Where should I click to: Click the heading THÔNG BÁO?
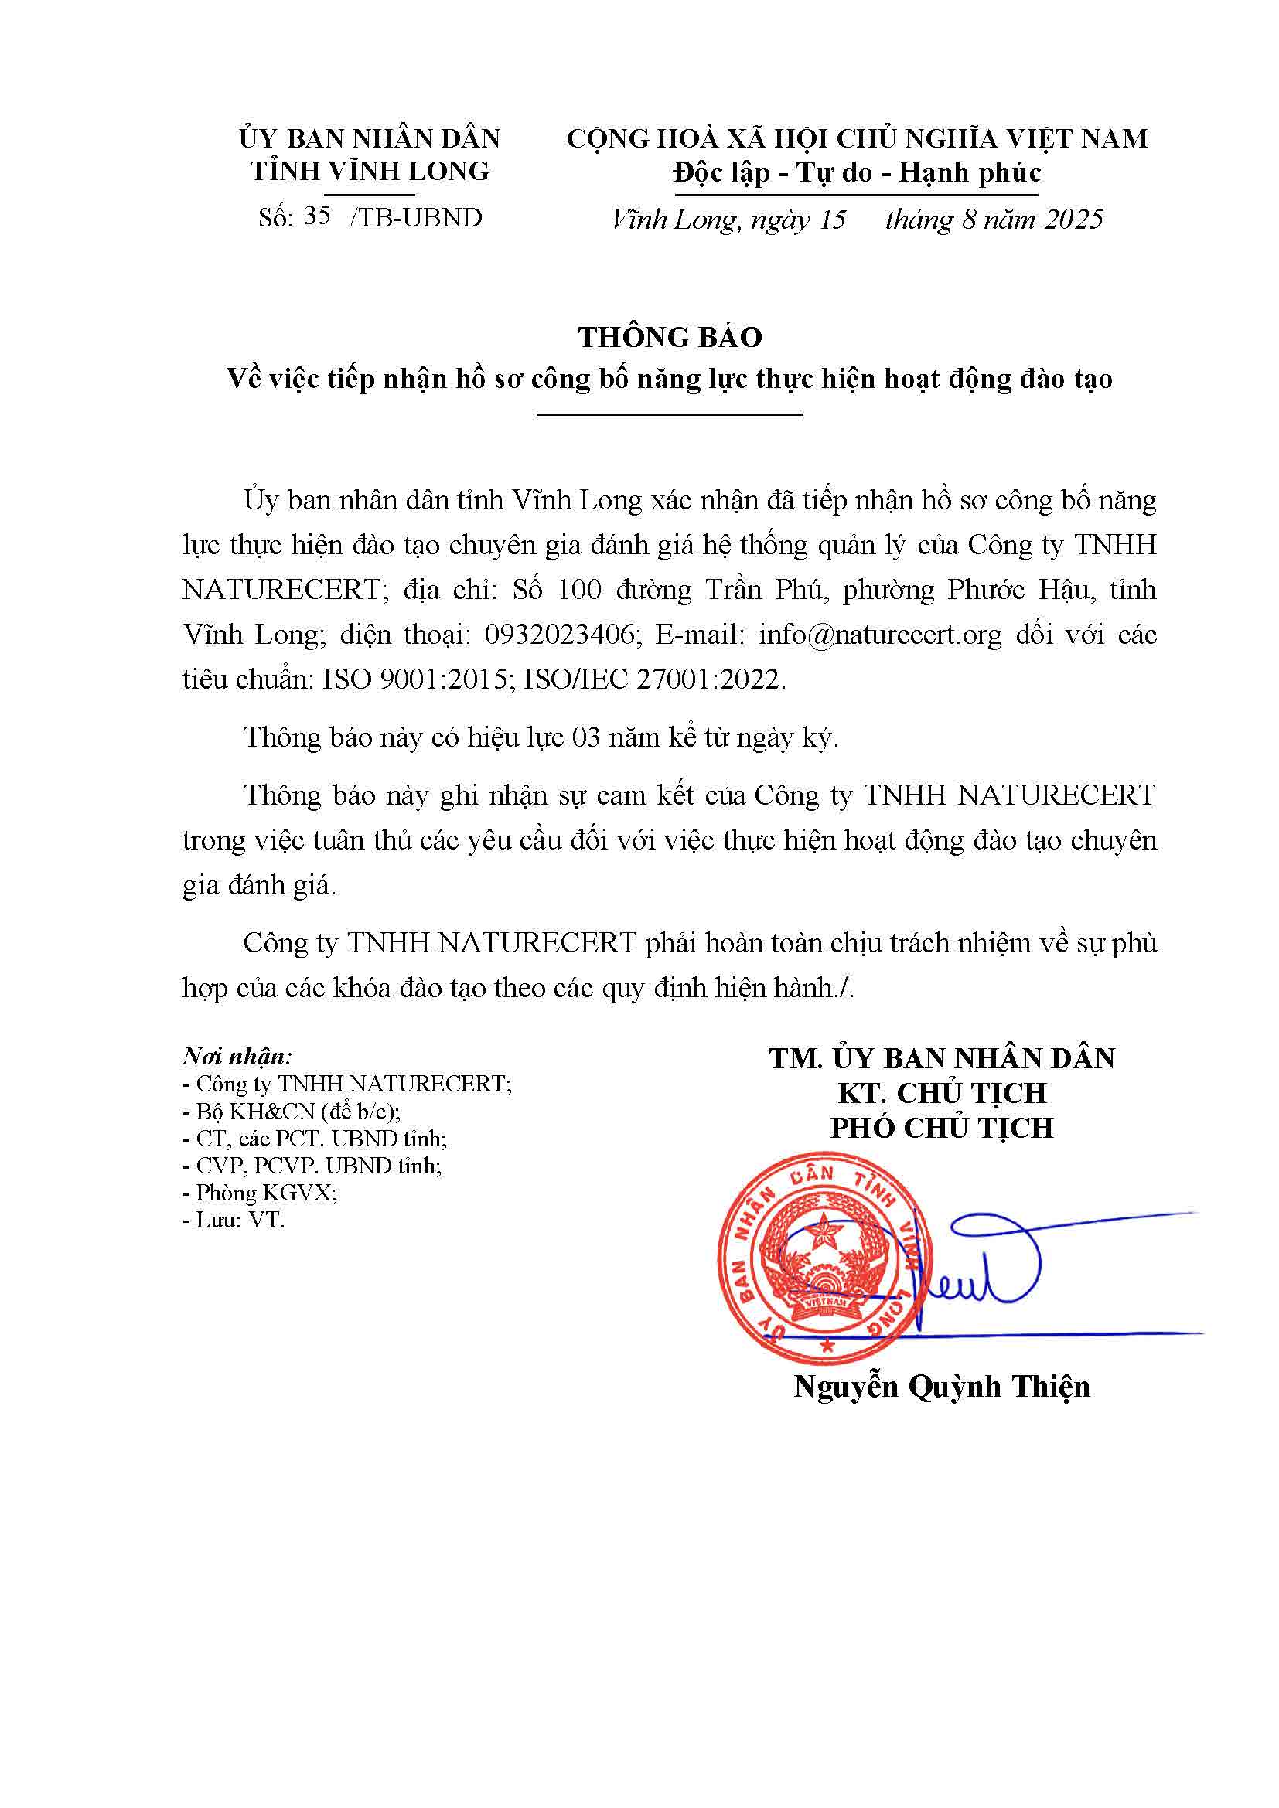pos(670,337)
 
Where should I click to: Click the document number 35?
pos(316,216)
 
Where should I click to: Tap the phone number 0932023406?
pos(559,634)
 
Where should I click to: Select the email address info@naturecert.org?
pos(880,634)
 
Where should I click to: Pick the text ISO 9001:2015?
pos(416,679)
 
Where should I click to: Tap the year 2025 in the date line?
pos(1073,219)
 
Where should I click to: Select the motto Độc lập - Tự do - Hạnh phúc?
pos(857,172)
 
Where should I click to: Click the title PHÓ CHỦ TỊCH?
pos(942,1128)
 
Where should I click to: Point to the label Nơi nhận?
pos(237,1056)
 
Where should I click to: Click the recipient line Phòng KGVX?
pos(260,1192)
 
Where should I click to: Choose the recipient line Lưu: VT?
pos(234,1220)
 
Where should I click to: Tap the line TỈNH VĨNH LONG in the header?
pos(370,171)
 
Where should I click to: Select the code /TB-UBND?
pos(416,217)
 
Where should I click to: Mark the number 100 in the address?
pos(579,589)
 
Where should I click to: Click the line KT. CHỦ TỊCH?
pos(942,1093)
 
